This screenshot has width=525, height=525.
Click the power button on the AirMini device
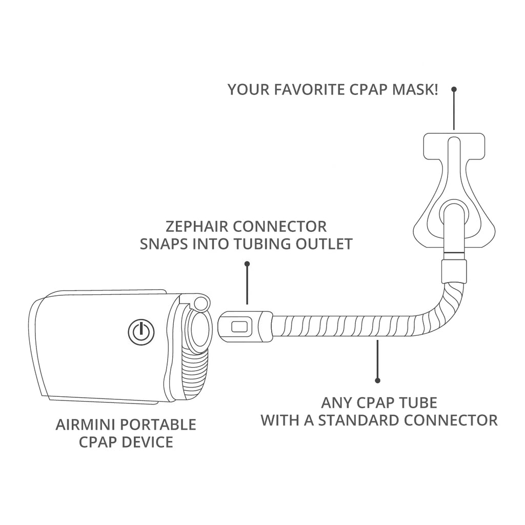[140, 332]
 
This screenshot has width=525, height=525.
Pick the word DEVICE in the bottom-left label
[148, 442]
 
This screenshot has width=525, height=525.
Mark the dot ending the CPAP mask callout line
[454, 89]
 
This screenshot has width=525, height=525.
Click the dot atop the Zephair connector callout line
[247, 264]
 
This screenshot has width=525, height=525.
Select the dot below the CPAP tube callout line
[378, 380]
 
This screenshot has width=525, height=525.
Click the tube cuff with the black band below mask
[454, 267]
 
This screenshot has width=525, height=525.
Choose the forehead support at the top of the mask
[453, 146]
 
